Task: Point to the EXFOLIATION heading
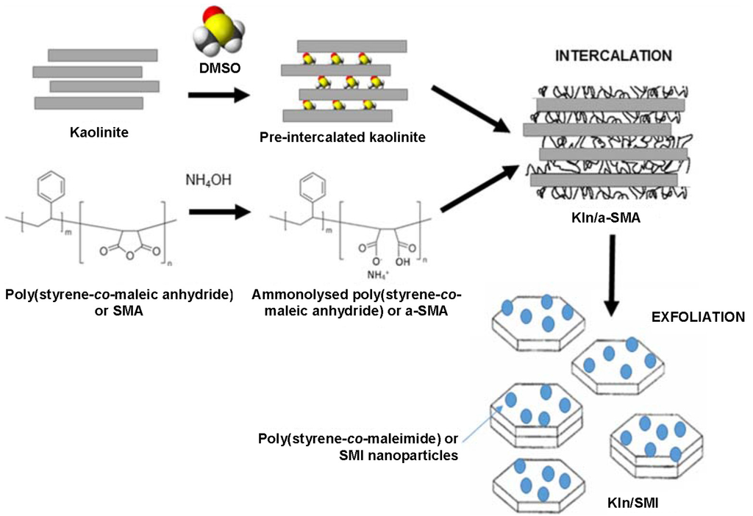click(698, 318)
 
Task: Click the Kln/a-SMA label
click(607, 218)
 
